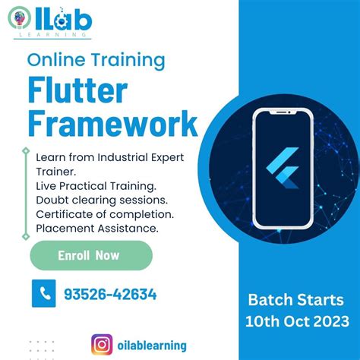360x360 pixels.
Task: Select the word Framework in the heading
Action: [x=112, y=124]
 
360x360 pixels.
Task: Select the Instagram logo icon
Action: [x=102, y=345]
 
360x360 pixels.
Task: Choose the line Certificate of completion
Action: [x=105, y=213]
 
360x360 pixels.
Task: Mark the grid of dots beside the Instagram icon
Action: [x=42, y=349]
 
